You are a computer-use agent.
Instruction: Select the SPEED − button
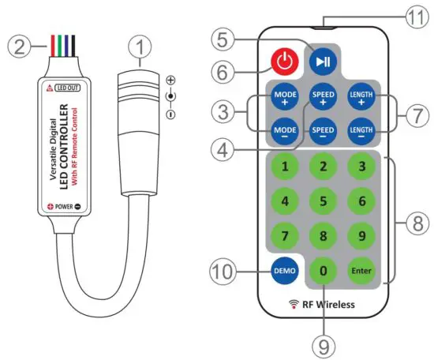(323, 129)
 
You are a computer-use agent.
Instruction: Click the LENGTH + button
(361, 96)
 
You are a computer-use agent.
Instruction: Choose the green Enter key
(361, 271)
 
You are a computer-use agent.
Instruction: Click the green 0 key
(323, 271)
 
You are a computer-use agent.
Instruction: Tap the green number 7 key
(284, 236)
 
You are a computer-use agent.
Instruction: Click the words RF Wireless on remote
(324, 304)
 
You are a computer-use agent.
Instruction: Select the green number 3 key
(361, 166)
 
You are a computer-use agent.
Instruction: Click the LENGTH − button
(361, 129)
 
